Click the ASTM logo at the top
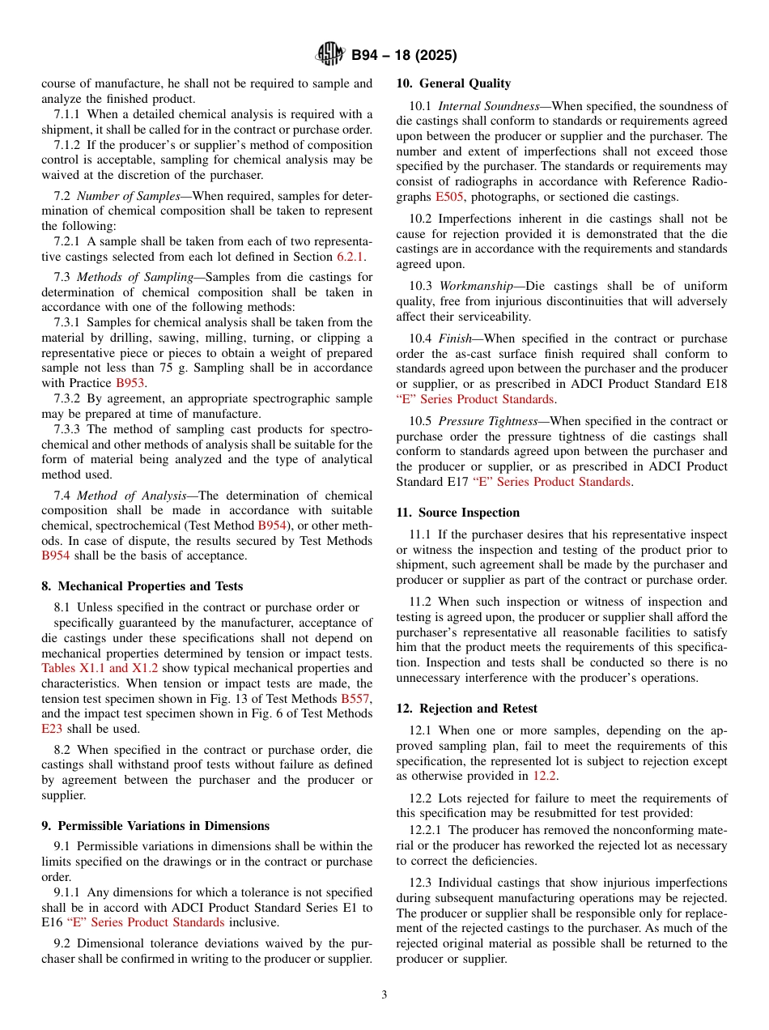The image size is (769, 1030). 329,55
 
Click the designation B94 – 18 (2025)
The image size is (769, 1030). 404,56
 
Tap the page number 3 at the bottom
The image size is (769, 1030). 384,995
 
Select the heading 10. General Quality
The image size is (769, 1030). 453,83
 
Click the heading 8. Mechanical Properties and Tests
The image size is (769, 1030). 142,586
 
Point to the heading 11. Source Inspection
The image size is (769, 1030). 458,513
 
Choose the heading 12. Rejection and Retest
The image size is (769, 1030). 466,709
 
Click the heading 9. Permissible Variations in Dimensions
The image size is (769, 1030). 155,826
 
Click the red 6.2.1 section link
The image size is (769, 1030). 351,257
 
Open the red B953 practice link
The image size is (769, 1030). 130,383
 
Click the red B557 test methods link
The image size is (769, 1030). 356,699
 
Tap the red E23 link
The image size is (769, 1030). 51,729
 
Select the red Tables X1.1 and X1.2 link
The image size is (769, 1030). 100,669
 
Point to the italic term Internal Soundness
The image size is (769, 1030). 491,106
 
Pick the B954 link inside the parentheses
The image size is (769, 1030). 271,526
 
